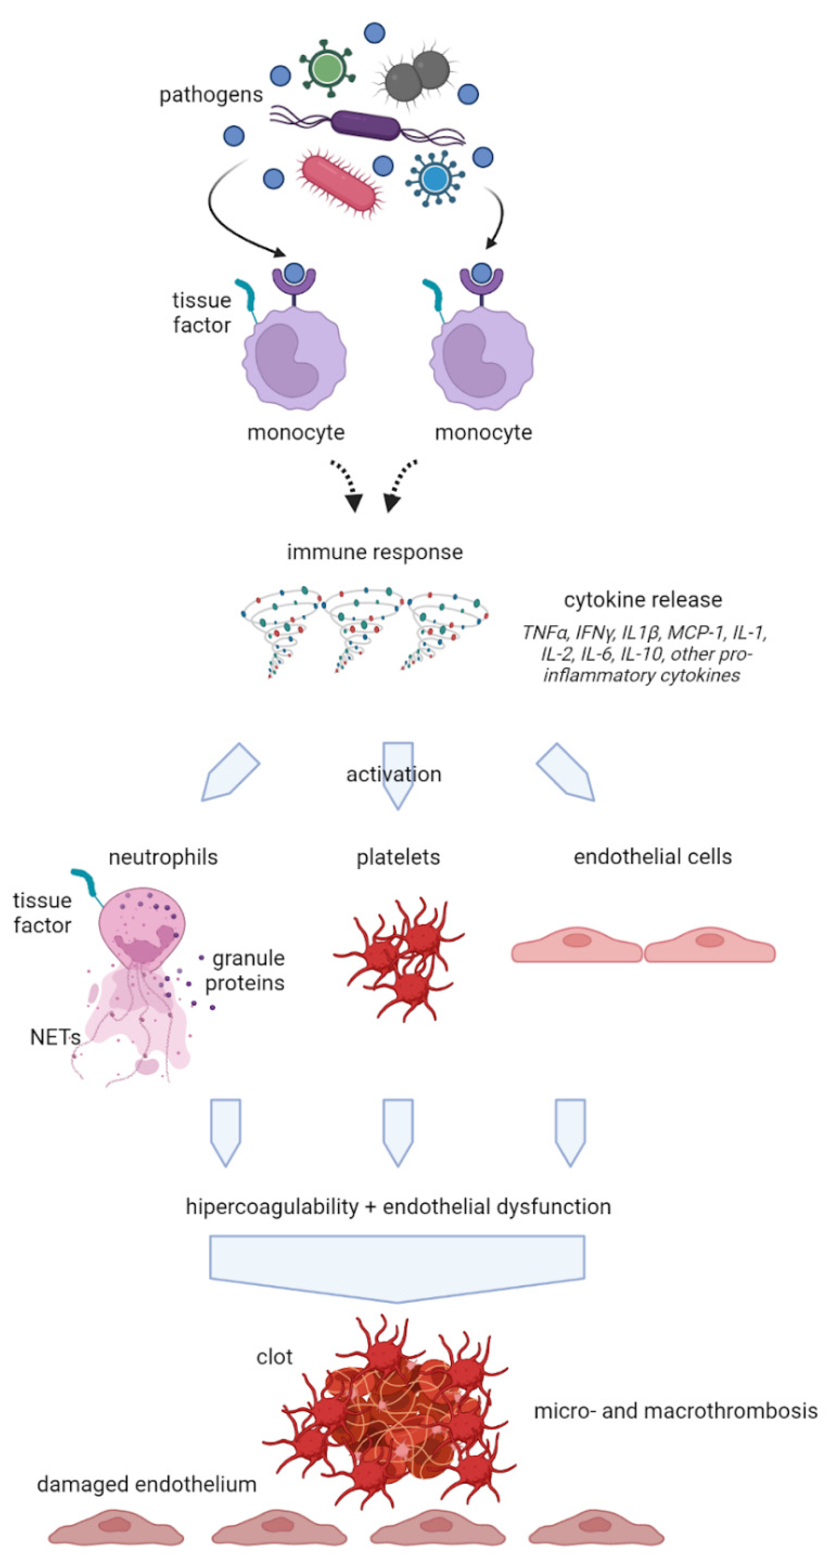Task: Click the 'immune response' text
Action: [375, 552]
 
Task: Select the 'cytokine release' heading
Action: [643, 600]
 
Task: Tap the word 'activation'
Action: [394, 774]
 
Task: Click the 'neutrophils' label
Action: [163, 857]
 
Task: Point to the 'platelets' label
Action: [398, 857]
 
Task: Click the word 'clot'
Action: [274, 1357]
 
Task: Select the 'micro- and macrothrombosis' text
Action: [675, 1411]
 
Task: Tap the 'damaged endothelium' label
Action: [147, 1484]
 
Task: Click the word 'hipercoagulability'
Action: [272, 1207]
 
